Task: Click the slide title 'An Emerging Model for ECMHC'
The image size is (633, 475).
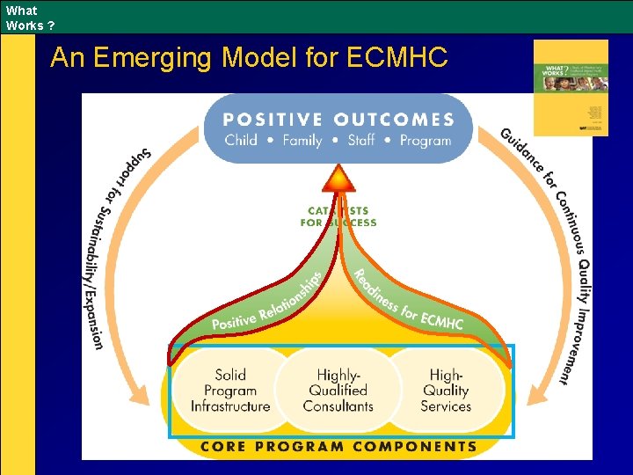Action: click(249, 58)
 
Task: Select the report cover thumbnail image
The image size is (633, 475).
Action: click(570, 87)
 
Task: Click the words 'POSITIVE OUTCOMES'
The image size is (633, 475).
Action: click(338, 120)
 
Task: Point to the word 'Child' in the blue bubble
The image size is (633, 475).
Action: click(241, 140)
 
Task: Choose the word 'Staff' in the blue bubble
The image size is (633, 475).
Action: click(361, 140)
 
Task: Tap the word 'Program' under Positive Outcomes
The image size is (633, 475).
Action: click(426, 140)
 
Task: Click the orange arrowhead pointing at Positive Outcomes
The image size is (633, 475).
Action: click(338, 179)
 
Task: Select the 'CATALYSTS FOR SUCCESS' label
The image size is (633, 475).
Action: click(338, 216)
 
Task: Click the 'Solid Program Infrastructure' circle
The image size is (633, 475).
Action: click(230, 391)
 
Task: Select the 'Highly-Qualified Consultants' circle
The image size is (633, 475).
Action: click(338, 391)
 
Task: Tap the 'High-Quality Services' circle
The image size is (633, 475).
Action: click(446, 391)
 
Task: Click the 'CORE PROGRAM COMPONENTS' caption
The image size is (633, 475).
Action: click(338, 446)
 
